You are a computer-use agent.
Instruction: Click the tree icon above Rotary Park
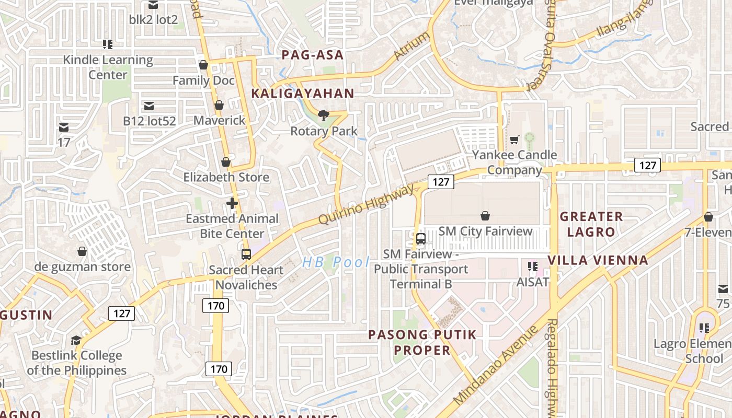[324, 115]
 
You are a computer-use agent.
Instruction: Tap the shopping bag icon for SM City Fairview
[485, 216]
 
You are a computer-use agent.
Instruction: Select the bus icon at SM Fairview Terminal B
[421, 239]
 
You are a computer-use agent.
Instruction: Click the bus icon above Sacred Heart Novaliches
[246, 254]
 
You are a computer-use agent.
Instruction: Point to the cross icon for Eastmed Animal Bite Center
[232, 203]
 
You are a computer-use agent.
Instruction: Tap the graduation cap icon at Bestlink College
[76, 340]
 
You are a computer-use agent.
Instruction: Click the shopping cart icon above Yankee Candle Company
[514, 140]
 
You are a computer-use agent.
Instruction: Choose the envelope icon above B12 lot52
[149, 106]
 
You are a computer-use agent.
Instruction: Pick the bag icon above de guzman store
[82, 252]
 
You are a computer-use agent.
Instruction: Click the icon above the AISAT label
[533, 266]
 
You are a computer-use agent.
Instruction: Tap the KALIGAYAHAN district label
[303, 94]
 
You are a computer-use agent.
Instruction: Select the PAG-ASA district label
[313, 55]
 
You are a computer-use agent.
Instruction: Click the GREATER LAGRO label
[591, 224]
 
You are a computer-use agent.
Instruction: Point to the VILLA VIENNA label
[598, 260]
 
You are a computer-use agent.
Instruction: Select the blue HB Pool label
[336, 262]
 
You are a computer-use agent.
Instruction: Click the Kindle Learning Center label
[108, 67]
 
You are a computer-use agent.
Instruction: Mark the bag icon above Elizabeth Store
[226, 162]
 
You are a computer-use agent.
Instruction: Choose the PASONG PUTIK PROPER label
[422, 342]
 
